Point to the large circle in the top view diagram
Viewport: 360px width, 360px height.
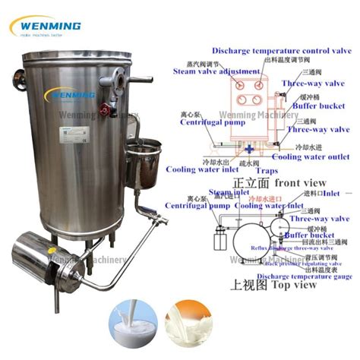coord(254,238)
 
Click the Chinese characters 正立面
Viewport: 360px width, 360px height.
coord(251,183)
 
